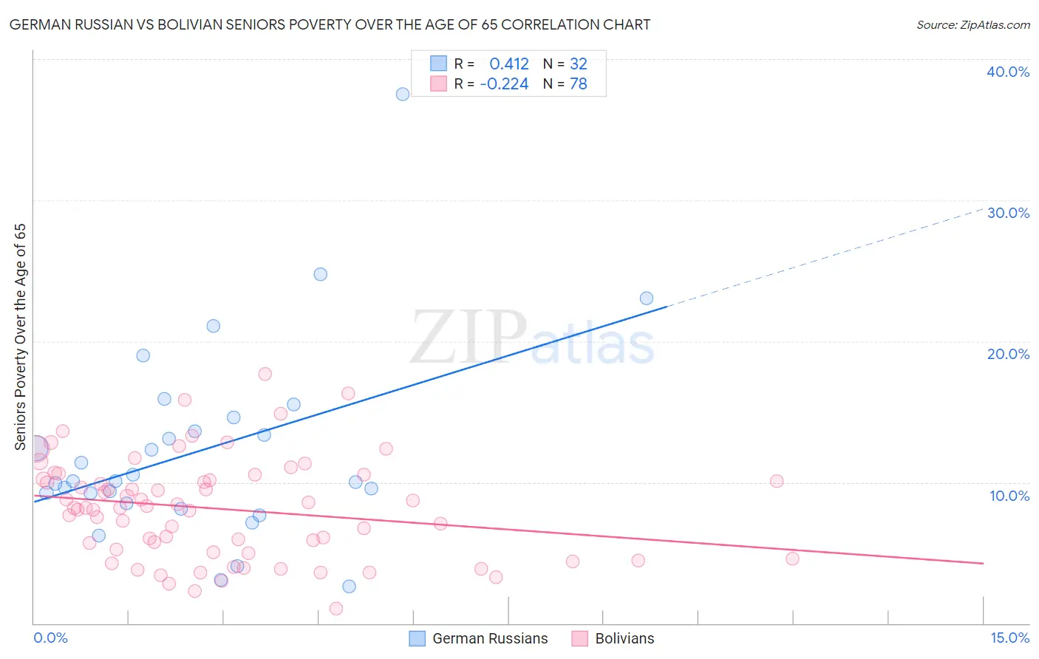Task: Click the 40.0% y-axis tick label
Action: tap(1008, 72)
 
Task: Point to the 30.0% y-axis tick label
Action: tap(1008, 213)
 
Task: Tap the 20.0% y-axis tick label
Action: tap(1008, 354)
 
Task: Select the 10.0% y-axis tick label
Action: tap(1009, 496)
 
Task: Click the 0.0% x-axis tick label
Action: tap(50, 638)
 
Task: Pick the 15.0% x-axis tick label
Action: tap(1009, 638)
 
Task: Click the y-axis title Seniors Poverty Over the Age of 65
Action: tap(21, 337)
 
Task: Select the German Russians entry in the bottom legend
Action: tap(489, 638)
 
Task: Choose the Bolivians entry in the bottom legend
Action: tap(624, 638)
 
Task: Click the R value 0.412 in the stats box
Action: tap(508, 64)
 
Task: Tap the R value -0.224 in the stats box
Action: tap(504, 84)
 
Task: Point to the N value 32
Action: tap(578, 64)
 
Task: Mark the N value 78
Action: tap(578, 84)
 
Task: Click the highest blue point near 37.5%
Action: tap(403, 94)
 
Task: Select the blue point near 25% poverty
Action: tap(320, 274)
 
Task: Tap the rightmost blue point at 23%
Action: tap(647, 298)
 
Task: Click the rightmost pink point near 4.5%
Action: tap(792, 559)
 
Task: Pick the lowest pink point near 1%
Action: tap(336, 609)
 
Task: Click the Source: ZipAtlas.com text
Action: tap(972, 24)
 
